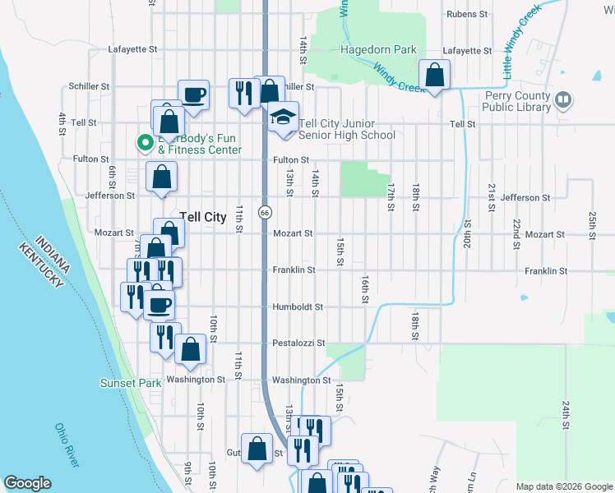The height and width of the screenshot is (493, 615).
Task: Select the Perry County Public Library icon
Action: coord(563,100)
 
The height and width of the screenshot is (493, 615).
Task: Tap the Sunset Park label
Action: coord(131,383)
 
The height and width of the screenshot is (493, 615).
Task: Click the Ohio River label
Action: coord(67,445)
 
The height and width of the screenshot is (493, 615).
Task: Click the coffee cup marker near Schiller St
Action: coord(194,94)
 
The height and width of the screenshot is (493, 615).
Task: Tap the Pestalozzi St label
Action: coord(299,343)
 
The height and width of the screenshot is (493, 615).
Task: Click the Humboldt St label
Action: coord(298,306)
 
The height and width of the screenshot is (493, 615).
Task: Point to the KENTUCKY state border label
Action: coord(43,262)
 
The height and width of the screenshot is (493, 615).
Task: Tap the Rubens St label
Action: coord(468,14)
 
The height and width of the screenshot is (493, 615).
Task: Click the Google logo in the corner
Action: coord(27,483)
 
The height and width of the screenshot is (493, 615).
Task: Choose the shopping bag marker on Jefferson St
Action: coord(162,176)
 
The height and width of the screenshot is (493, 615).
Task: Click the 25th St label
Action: coord(592,222)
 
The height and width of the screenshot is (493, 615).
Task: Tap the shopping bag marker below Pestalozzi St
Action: coord(190,348)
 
